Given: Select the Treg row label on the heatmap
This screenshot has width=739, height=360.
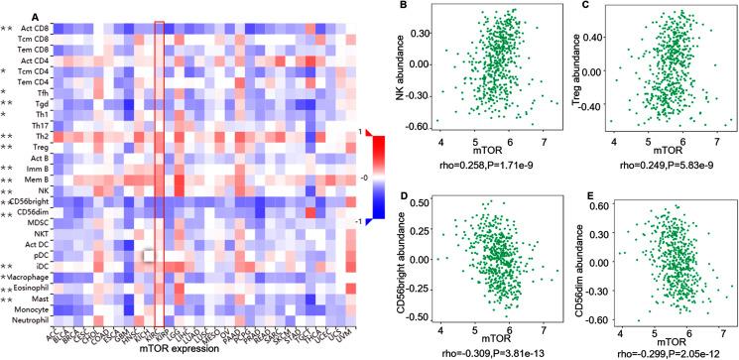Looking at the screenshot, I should tap(41, 147).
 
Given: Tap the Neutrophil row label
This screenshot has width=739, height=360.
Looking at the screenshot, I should tap(33, 322).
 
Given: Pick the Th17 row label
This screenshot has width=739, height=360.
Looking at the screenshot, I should tap(40, 123).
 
